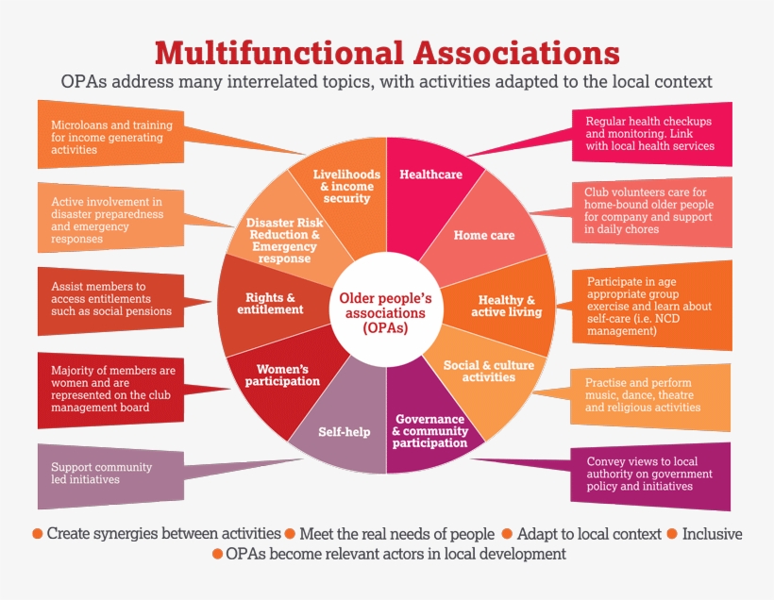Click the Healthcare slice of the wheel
(x=429, y=179)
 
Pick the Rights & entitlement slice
(x=274, y=304)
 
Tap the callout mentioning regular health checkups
(x=651, y=134)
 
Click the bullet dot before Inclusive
(x=672, y=534)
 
